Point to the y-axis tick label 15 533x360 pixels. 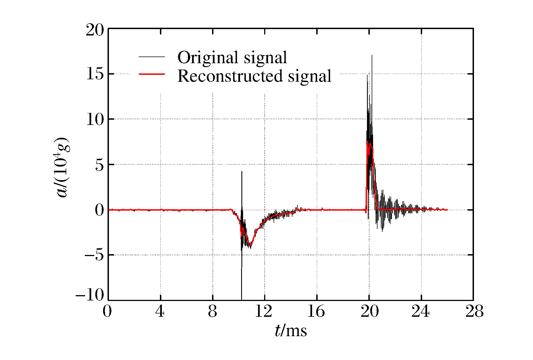pos(95,74)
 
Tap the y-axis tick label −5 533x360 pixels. pos(94,255)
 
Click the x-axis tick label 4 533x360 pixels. pos(160,311)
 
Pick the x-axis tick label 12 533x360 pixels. pos(264,311)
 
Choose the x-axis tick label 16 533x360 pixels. pos(316,311)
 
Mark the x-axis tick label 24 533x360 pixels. pos(420,311)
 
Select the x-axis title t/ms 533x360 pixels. pos(291,331)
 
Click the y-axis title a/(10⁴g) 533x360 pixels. pos(62,167)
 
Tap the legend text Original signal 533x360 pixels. pos(232,58)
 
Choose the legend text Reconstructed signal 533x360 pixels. pos(254,76)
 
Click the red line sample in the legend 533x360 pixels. pos(152,74)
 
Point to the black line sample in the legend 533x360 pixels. pos(152,57)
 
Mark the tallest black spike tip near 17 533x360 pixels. pos(372,55)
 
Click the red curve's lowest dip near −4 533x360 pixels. pos(250,246)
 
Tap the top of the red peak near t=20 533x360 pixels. pos(368,142)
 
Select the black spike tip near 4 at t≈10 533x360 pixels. pos(242,172)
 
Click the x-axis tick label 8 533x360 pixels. pos(212,311)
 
